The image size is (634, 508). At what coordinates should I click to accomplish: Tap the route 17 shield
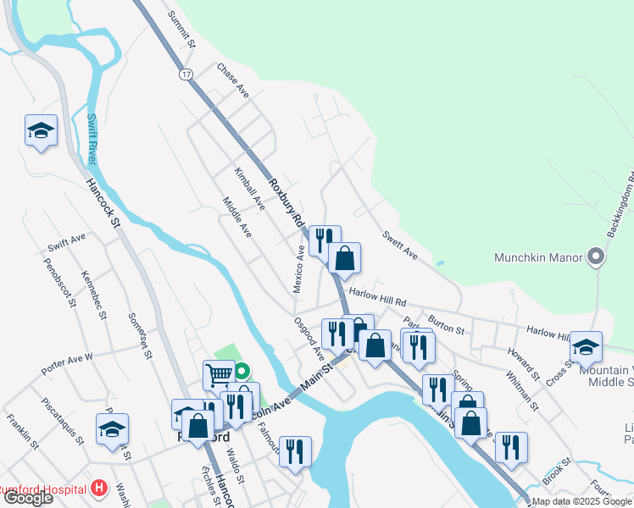[x=185, y=75]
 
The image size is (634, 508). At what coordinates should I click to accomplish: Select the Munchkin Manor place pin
[x=596, y=257]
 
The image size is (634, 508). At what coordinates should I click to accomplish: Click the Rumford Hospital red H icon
[x=100, y=489]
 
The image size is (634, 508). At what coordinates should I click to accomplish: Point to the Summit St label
[x=181, y=29]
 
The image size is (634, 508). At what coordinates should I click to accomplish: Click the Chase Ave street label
[x=232, y=80]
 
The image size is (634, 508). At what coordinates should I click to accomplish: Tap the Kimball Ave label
[x=250, y=187]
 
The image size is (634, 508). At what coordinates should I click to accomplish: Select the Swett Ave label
[x=400, y=243]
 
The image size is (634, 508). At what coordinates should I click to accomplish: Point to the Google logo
[x=28, y=498]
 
